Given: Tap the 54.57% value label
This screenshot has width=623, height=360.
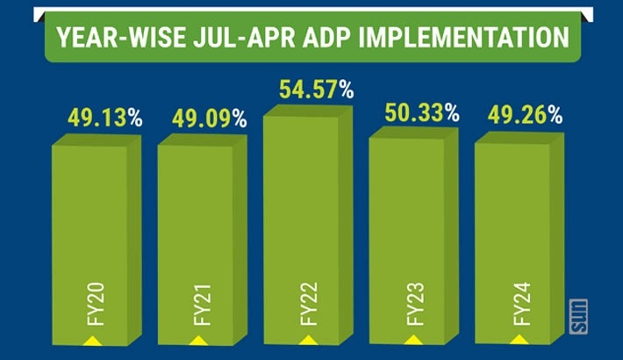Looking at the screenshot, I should point(316,89).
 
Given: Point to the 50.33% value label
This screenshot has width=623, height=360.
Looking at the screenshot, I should point(422,112).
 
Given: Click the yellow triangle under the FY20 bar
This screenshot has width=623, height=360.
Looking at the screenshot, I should point(91,339).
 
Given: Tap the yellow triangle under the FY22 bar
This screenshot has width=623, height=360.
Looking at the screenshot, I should point(304,339).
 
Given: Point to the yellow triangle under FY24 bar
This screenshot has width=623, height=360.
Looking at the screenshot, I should point(518,339).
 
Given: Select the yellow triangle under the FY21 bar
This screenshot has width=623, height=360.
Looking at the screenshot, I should point(198,339).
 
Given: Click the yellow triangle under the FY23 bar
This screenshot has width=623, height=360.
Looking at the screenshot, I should point(411,339).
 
